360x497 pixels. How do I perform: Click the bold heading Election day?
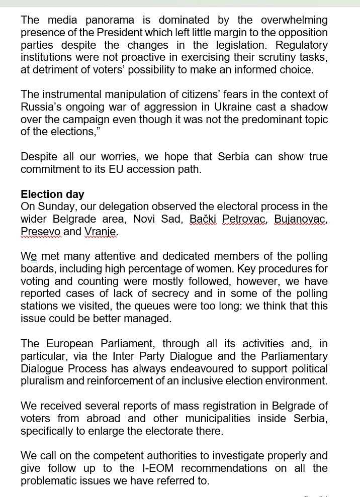coord(52,194)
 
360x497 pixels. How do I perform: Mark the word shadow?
coord(307,107)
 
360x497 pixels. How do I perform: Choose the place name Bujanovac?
coord(301,219)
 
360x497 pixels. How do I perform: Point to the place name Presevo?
coord(40,232)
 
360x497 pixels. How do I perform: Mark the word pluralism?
coord(43,381)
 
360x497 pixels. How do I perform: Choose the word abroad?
coord(103,418)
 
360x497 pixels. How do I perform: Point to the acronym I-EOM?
coord(156,468)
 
